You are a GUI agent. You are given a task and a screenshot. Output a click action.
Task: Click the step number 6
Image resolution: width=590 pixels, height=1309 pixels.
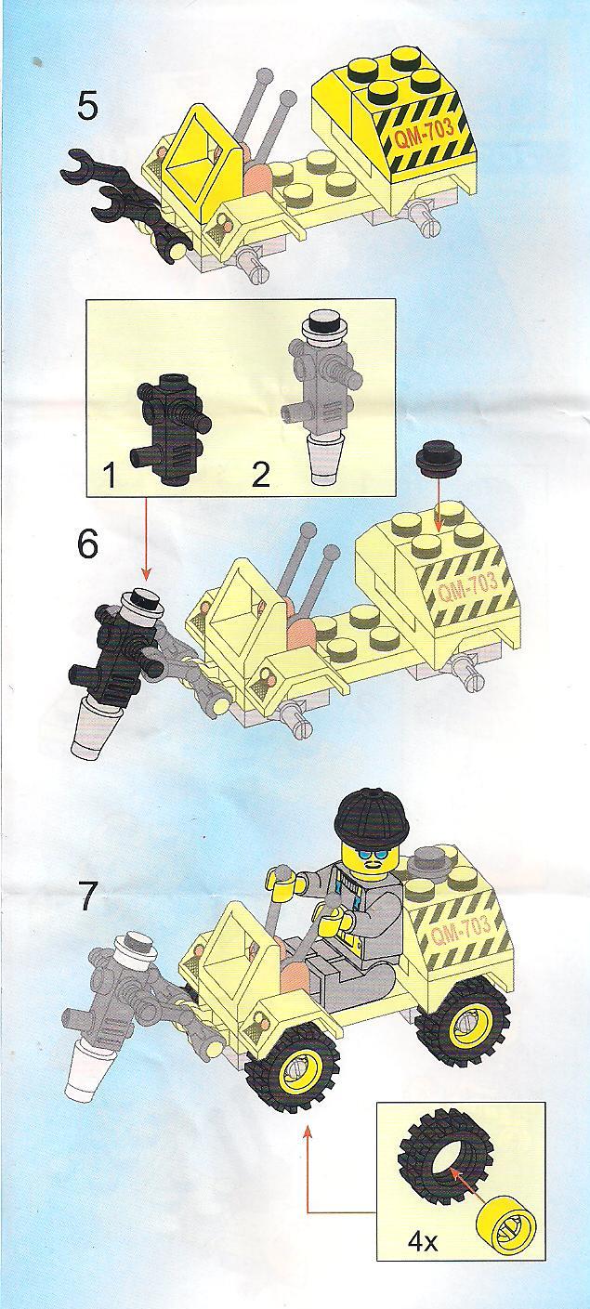[88, 545]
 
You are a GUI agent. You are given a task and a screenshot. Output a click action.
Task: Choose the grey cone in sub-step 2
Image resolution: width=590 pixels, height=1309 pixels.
[325, 463]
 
